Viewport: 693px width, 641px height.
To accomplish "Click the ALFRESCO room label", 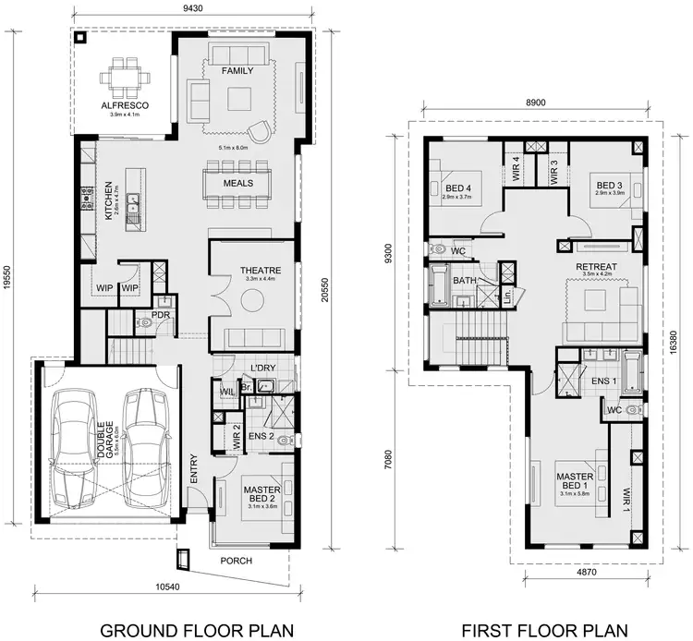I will tap(124, 105).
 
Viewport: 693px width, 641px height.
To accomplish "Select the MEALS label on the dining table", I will tap(237, 183).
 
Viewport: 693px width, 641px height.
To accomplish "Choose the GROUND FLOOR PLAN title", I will tap(196, 630).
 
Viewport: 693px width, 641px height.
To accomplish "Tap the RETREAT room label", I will tap(596, 267).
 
